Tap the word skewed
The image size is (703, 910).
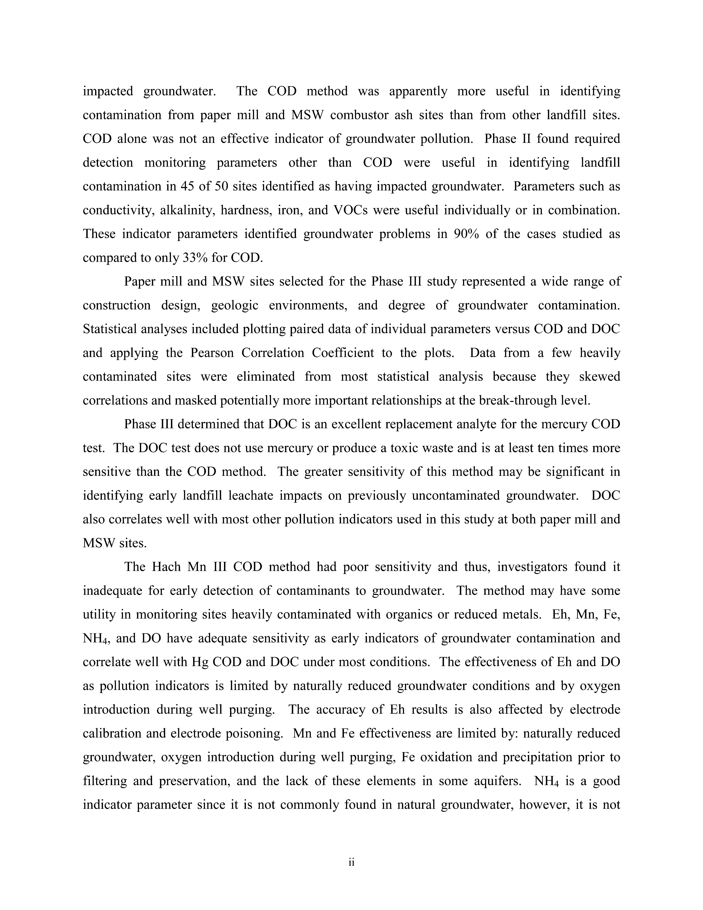[600, 377]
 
